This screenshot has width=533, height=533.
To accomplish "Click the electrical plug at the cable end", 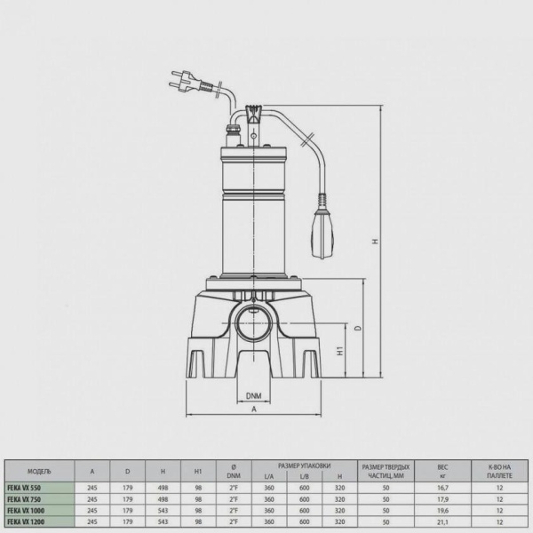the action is pyautogui.click(x=186, y=81).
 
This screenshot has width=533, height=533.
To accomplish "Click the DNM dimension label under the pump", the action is pyautogui.click(x=254, y=395).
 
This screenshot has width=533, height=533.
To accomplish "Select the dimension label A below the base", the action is pyautogui.click(x=254, y=410).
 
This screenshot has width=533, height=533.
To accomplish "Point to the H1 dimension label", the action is pyautogui.click(x=340, y=351).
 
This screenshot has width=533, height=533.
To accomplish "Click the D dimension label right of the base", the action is pyautogui.click(x=358, y=329).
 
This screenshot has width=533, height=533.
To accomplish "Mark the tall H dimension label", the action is pyautogui.click(x=375, y=241).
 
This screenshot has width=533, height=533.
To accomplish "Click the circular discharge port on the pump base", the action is pyautogui.click(x=254, y=324).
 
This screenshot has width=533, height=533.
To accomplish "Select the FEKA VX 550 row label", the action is pyautogui.click(x=24, y=488).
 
